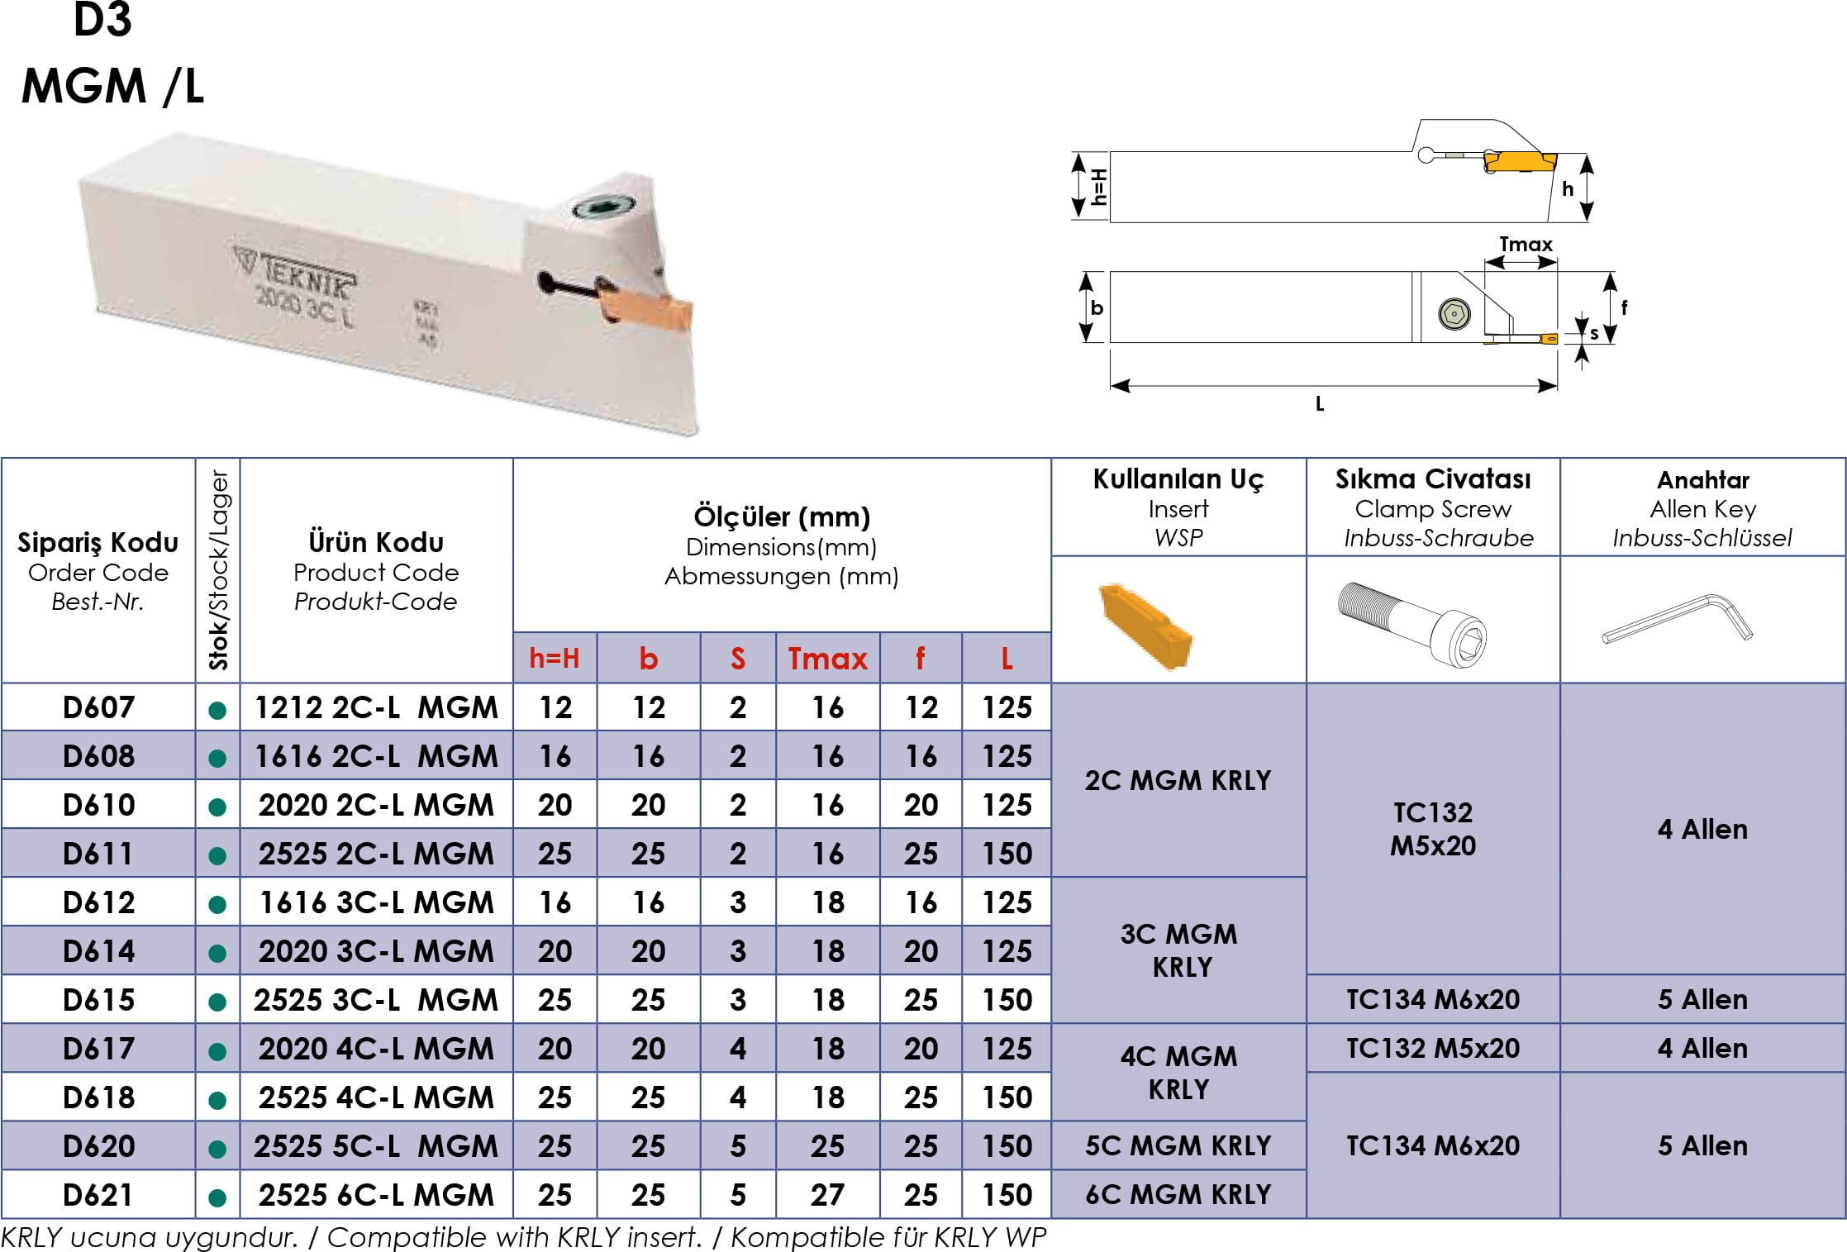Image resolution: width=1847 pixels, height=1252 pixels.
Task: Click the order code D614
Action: coord(98,950)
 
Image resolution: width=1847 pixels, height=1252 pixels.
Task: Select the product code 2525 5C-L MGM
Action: coord(376,1145)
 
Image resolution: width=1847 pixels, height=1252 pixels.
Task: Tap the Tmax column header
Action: coord(828,659)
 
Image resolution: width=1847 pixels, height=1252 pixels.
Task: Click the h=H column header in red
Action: coord(555,659)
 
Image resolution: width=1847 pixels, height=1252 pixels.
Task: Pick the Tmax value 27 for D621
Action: coord(827,1194)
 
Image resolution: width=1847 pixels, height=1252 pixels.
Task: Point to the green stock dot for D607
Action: coord(218,709)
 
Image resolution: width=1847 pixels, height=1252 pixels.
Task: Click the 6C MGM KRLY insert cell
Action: coord(1178,1194)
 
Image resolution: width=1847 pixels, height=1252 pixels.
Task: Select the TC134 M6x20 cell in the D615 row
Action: coord(1433,999)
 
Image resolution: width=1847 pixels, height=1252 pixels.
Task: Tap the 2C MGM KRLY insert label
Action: coord(1178,780)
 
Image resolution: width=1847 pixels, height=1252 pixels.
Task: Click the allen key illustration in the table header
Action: coord(1678,618)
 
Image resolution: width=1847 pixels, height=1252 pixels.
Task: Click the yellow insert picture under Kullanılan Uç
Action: coord(1145,625)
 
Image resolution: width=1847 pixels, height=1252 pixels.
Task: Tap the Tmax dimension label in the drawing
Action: coord(1526,245)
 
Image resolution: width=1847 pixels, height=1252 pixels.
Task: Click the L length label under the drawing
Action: coord(1320,404)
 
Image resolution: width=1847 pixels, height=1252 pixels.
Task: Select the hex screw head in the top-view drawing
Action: coord(1454,314)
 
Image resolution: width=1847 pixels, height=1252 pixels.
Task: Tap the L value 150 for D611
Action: coord(1007,853)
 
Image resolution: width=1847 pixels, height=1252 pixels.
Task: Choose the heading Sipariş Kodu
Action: coord(98,542)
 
